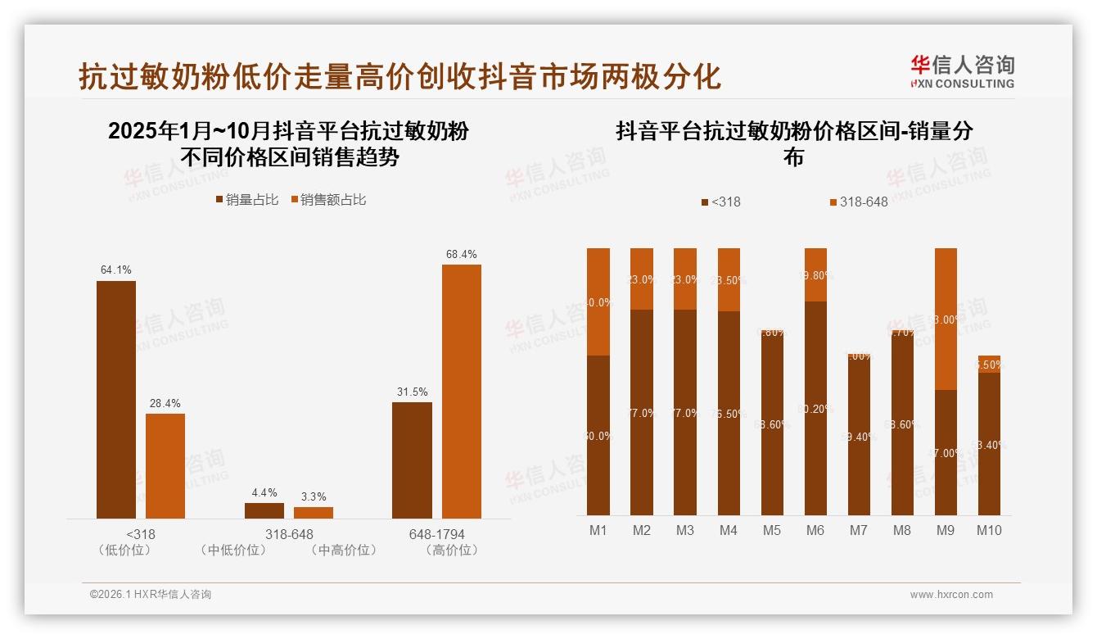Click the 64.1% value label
[116, 270]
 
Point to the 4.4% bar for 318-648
[264, 510]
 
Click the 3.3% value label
[314, 496]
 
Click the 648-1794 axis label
[436, 534]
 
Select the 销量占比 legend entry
[246, 200]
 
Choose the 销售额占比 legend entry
[328, 200]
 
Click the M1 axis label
[598, 530]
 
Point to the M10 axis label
[989, 530]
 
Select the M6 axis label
[815, 530]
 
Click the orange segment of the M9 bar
[946, 319]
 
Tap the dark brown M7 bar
[859, 434]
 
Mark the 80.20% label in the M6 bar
[815, 409]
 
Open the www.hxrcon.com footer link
[951, 595]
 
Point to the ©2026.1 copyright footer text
[151, 595]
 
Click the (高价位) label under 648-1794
[452, 551]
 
